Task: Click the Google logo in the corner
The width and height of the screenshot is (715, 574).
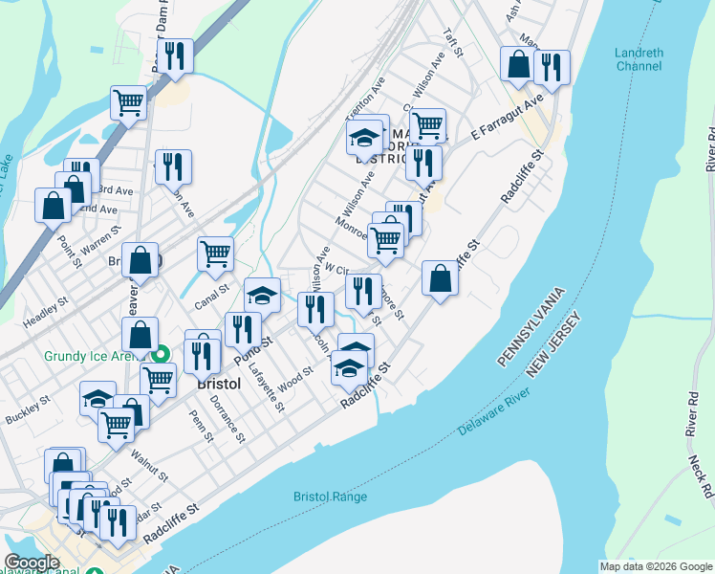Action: (32, 563)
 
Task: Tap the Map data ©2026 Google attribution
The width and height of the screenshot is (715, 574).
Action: (656, 566)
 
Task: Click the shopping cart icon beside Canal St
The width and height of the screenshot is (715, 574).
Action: (215, 254)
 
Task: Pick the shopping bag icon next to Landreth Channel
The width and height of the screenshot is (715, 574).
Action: (518, 64)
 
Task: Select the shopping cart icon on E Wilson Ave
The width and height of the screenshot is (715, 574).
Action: (427, 124)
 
